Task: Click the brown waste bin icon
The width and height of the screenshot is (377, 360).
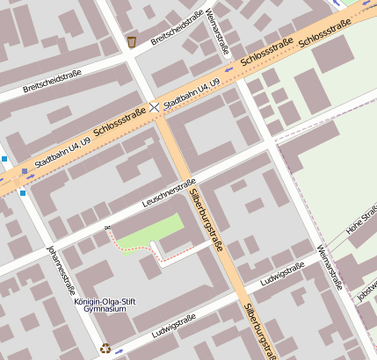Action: [x=132, y=41]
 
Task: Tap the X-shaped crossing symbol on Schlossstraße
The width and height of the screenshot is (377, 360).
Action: [x=156, y=106]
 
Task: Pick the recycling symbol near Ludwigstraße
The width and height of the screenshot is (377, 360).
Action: [x=105, y=348]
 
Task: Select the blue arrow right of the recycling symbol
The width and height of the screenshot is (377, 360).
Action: [x=120, y=350]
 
